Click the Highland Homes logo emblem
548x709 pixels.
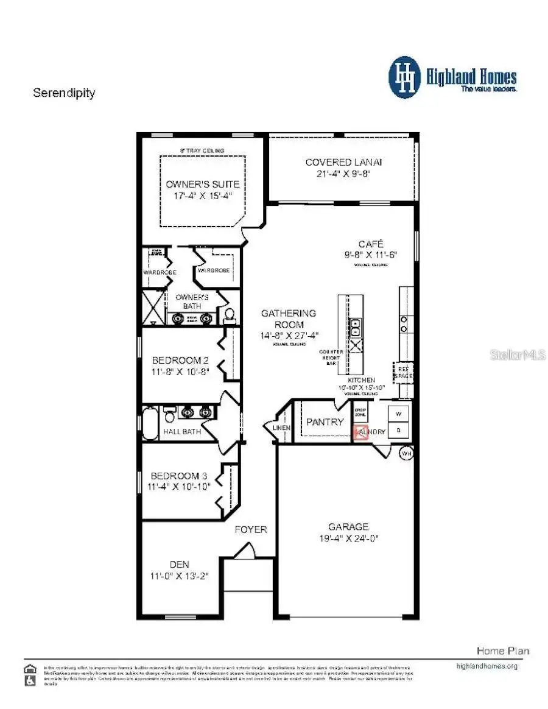405,77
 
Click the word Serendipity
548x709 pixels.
64,93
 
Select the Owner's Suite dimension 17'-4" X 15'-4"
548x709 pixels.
203,196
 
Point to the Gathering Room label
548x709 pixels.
289,319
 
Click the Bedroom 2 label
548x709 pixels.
180,359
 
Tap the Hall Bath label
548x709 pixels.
182,432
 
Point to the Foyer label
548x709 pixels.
251,529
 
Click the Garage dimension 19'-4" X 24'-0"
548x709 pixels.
348,538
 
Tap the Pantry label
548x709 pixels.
325,422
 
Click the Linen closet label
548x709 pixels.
282,428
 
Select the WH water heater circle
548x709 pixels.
406,453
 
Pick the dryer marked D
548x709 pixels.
399,431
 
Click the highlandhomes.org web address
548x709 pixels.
487,666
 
